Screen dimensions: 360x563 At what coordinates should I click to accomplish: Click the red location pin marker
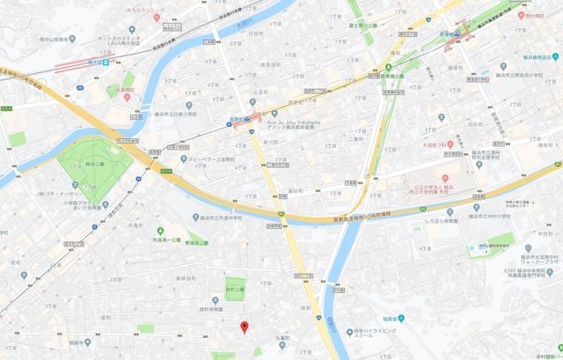click(x=245, y=327)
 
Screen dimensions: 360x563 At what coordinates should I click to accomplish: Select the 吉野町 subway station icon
click(x=249, y=122)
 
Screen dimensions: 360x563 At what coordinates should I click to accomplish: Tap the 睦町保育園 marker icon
click(x=215, y=310)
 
